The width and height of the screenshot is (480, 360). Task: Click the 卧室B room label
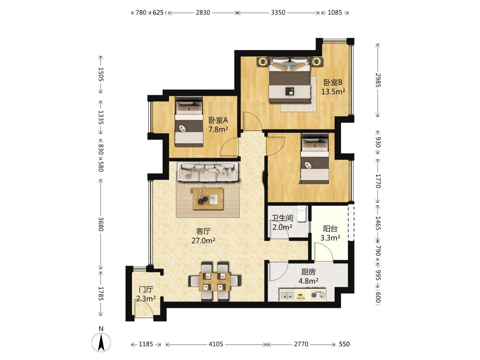tap(333, 83)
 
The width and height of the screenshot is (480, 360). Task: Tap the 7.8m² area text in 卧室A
tap(218, 130)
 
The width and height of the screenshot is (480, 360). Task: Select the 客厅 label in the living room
tap(203, 231)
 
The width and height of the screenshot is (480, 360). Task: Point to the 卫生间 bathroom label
tap(282, 218)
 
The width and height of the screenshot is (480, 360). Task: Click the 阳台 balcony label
tap(330, 229)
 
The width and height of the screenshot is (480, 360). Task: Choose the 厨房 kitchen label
tap(308, 272)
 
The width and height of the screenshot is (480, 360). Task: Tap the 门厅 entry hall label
tap(146, 290)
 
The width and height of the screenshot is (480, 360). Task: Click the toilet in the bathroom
tap(302, 214)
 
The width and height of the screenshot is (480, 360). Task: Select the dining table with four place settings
tap(215, 282)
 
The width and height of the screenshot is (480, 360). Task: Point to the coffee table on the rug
tap(208, 199)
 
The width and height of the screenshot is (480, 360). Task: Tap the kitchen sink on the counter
tap(287, 295)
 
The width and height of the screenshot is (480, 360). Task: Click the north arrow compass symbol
tap(101, 343)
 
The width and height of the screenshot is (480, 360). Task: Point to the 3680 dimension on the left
tap(101, 224)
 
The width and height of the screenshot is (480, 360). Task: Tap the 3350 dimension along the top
tap(278, 13)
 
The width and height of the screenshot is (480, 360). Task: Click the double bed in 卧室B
tap(290, 80)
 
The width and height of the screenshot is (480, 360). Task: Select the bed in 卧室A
tap(189, 122)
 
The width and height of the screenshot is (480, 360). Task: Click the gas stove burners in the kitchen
tap(318, 295)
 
